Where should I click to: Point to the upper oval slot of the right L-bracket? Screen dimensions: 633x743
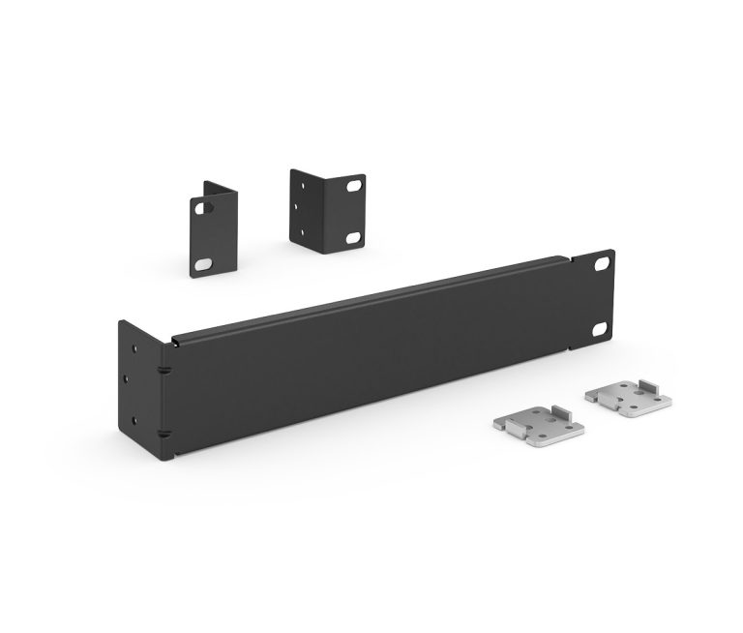tap(355, 183)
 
